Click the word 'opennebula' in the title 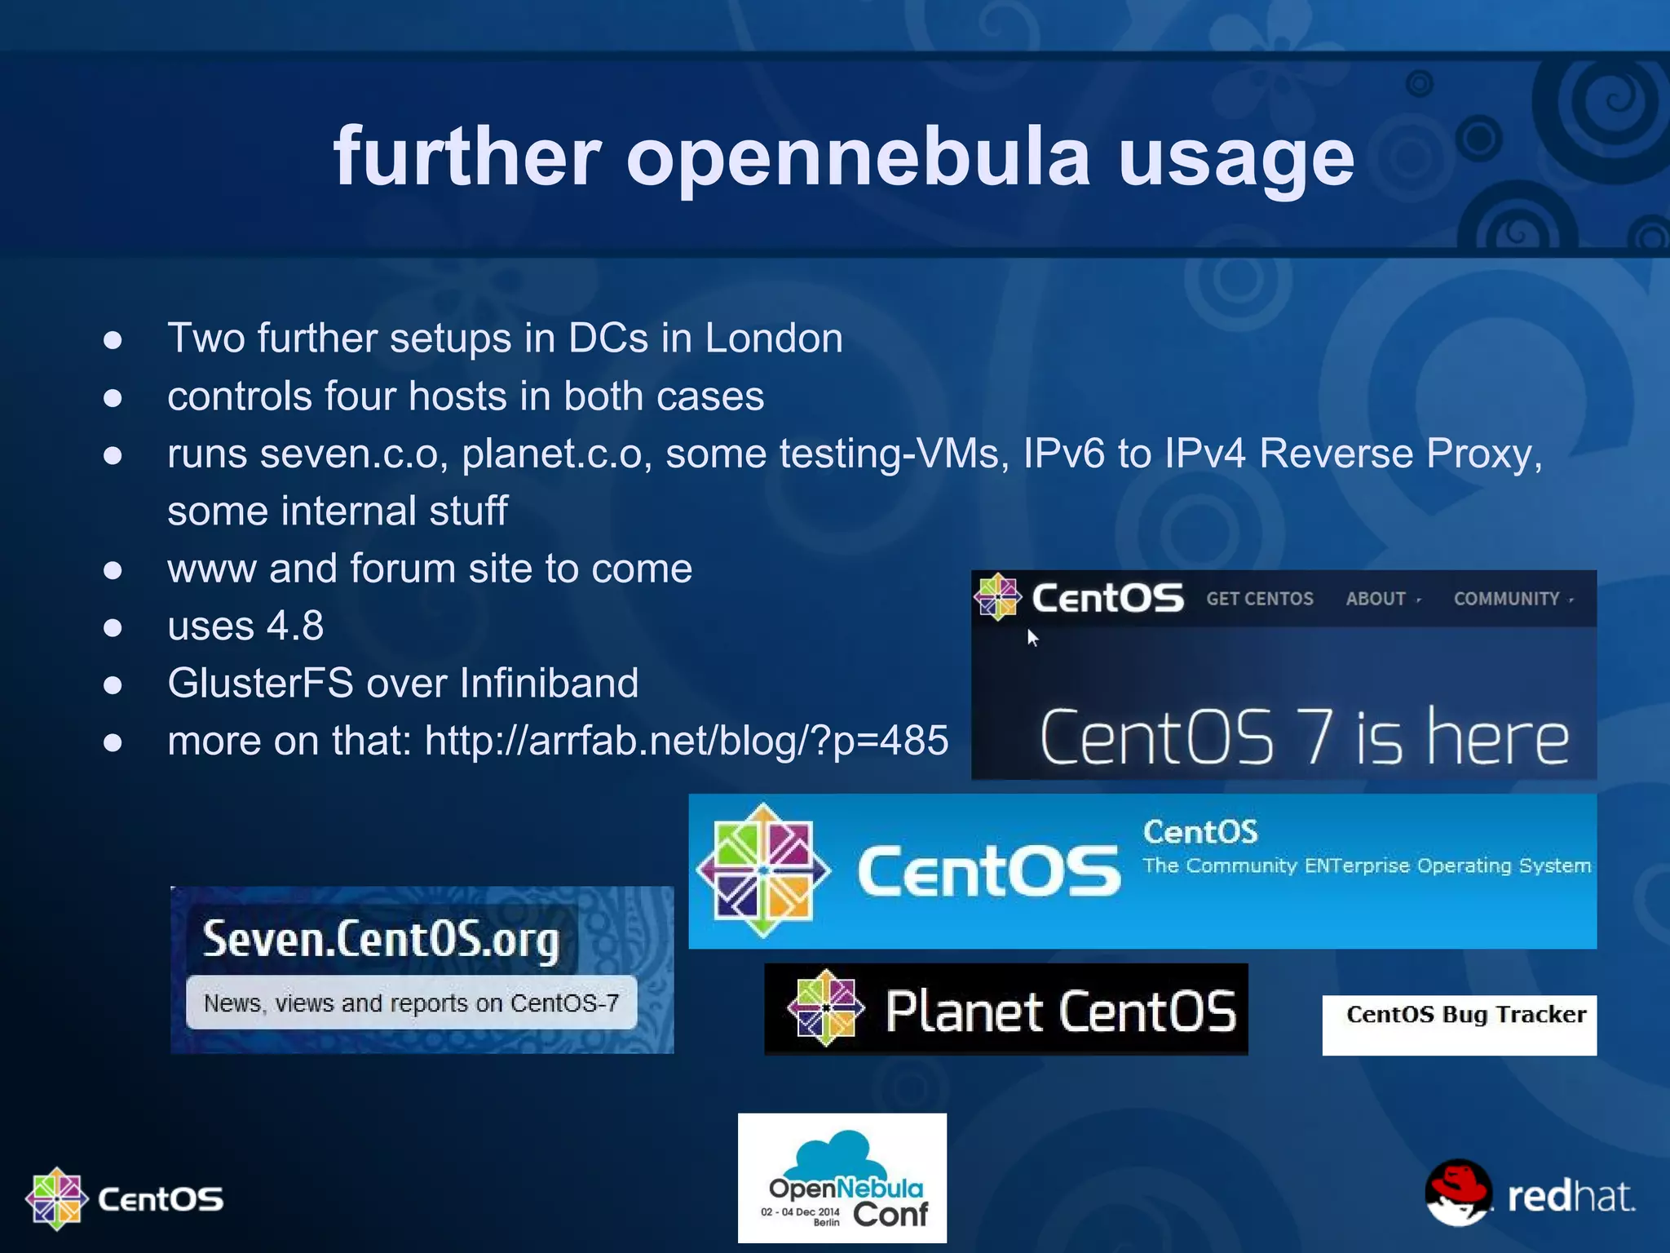(858, 157)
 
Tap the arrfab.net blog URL (686, 741)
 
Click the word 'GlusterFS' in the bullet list (260, 683)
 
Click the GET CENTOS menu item (1259, 599)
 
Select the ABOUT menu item (1376, 599)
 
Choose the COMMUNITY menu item (1506, 599)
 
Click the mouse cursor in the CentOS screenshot (1032, 637)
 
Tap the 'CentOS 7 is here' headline (1304, 737)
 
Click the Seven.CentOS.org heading (381, 940)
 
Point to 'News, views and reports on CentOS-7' (411, 1003)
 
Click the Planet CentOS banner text (1060, 1012)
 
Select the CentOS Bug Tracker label (1465, 1015)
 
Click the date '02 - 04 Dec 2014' (800, 1211)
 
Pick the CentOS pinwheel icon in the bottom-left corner (56, 1198)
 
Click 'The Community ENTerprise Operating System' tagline (1366, 866)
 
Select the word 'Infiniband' (549, 683)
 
